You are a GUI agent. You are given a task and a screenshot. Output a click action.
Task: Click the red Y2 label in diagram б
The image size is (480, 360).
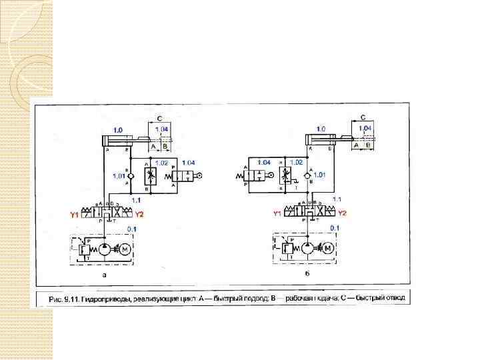tap(342, 213)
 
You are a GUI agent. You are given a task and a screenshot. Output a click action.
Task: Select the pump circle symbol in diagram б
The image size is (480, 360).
tap(307, 249)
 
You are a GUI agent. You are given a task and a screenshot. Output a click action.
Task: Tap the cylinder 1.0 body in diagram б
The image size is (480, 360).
tap(322, 139)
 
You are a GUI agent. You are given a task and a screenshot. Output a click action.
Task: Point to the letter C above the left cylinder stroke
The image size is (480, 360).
tap(159, 118)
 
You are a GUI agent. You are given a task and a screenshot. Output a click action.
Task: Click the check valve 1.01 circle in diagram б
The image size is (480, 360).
tap(307, 175)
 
